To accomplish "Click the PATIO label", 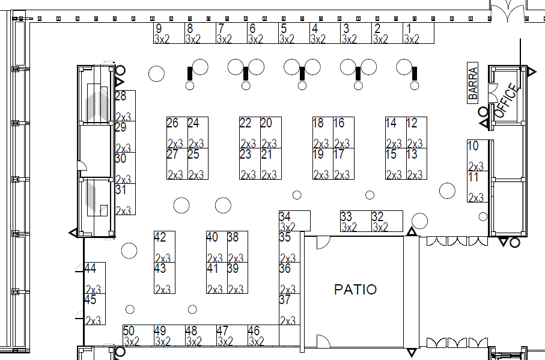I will (x=355, y=290).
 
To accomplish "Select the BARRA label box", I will (x=473, y=82).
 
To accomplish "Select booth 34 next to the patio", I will (x=294, y=221).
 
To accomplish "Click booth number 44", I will (x=95, y=278).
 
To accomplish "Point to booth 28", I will (x=125, y=106).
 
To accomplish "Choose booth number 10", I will (x=479, y=155).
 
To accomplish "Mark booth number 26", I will (x=177, y=132).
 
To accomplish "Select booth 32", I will (x=387, y=221).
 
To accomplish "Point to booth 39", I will (x=237, y=278).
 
